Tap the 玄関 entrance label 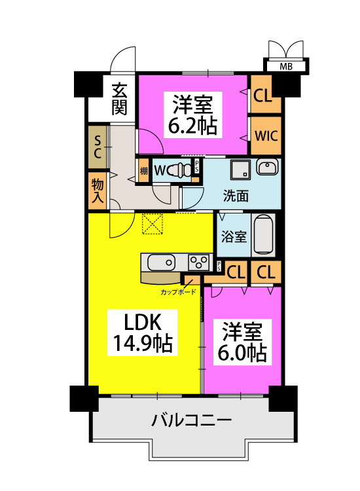pyautogui.click(x=118, y=97)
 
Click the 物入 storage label pyautogui.click(x=98, y=189)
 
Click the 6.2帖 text pyautogui.click(x=193, y=124)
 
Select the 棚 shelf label pyautogui.click(x=143, y=172)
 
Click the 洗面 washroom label pyautogui.click(x=236, y=195)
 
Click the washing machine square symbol pyautogui.click(x=240, y=170)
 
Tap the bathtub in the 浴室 pyautogui.click(x=263, y=235)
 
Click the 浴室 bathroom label pyautogui.click(x=233, y=236)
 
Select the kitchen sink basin pyautogui.click(x=161, y=263)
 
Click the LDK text pyautogui.click(x=143, y=322)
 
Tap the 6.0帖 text pyautogui.click(x=242, y=354)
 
